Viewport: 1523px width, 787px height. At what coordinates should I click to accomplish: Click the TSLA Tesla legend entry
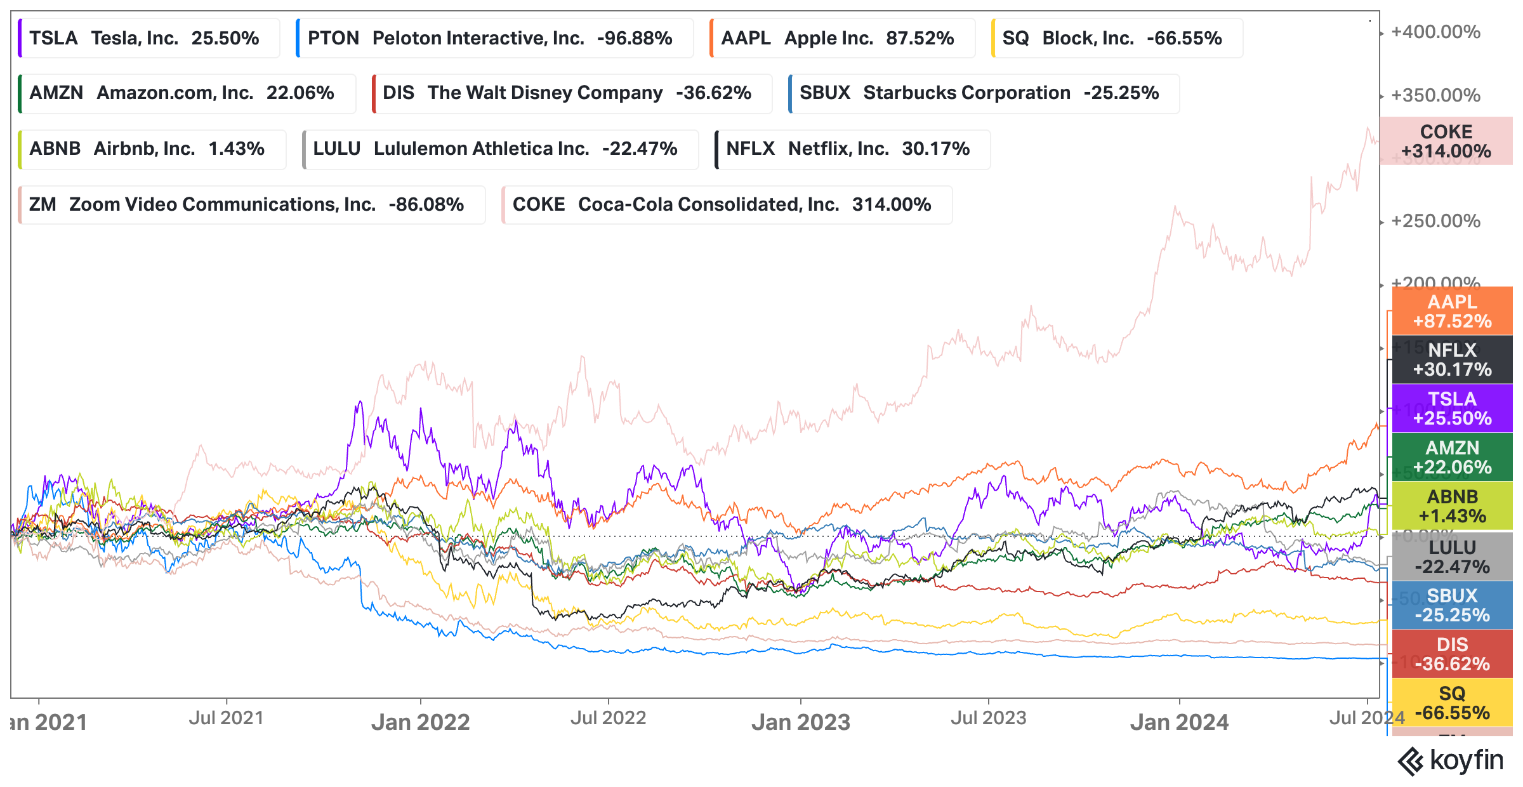[148, 39]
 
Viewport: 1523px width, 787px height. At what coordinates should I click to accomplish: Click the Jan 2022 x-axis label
[421, 722]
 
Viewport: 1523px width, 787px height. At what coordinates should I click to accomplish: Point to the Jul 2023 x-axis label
[988, 718]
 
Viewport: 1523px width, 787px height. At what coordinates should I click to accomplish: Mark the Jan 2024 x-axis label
[1179, 722]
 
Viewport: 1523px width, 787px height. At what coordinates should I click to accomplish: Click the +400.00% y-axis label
[1435, 32]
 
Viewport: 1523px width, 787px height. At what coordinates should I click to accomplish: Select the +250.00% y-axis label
[1435, 221]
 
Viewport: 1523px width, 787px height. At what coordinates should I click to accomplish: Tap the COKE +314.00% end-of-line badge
[1446, 141]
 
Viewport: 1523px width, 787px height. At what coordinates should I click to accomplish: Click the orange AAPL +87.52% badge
[1452, 311]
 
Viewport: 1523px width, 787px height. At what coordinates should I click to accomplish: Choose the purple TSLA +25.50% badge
[1452, 408]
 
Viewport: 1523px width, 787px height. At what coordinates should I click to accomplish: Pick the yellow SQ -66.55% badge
[1452, 703]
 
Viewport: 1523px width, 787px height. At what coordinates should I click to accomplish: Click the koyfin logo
[1451, 760]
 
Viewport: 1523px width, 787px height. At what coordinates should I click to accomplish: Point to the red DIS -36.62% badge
[1452, 654]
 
